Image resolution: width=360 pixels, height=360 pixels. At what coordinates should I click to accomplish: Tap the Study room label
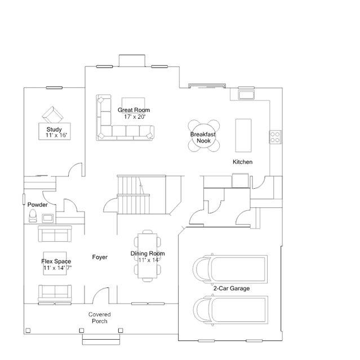pos(54,130)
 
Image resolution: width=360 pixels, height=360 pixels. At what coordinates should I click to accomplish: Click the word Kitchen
pos(243,162)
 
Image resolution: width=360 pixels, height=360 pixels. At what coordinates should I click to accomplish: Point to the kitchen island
pos(243,135)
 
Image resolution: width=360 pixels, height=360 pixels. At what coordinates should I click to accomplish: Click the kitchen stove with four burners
pos(275,137)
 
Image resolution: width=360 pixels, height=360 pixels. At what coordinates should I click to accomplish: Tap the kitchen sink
pos(247,94)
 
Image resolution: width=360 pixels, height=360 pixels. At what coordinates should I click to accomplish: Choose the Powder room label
pos(38,205)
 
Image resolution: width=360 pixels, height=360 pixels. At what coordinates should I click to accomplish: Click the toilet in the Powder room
pos(33,215)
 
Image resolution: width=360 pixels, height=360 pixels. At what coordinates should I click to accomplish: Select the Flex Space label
pos(56,261)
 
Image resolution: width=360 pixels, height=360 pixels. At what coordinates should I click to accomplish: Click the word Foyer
pos(100,257)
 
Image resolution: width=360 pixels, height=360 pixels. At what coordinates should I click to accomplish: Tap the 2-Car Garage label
pos(231,288)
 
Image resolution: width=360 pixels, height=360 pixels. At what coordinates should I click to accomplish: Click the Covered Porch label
pos(99,318)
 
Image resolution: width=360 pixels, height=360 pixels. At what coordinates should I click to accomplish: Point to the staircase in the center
pos(134,194)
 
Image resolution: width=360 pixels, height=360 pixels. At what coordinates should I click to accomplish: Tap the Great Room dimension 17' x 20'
pos(135,117)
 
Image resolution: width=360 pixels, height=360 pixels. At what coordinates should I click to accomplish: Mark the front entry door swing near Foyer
pos(100,295)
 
